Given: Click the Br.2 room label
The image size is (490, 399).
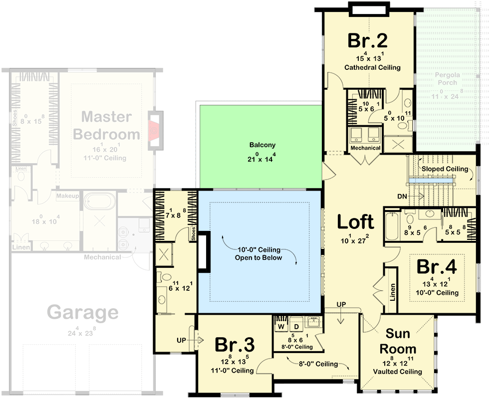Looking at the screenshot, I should [x=369, y=40].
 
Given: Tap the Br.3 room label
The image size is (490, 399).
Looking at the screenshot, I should [x=235, y=345].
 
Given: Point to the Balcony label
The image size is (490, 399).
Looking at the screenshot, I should [x=262, y=145].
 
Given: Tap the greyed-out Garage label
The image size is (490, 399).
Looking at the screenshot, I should [x=83, y=313].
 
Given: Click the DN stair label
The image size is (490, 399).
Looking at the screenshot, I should [x=402, y=197].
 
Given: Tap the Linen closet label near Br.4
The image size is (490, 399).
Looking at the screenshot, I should [x=392, y=293].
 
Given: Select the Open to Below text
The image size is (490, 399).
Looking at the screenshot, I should [x=258, y=258].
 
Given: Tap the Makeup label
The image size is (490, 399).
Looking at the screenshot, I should [x=67, y=196].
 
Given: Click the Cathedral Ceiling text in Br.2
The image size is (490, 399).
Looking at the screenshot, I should [x=372, y=67].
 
